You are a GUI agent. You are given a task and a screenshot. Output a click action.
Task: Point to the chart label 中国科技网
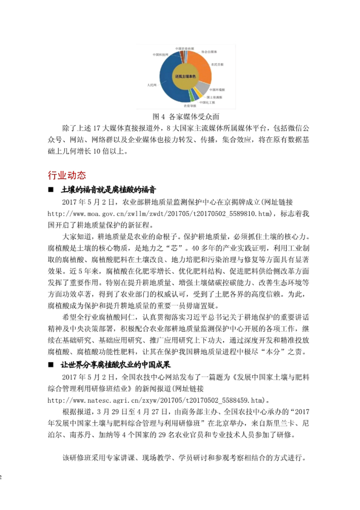(x=160, y=55)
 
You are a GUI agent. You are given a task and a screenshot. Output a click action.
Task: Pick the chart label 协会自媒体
(x=210, y=52)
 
